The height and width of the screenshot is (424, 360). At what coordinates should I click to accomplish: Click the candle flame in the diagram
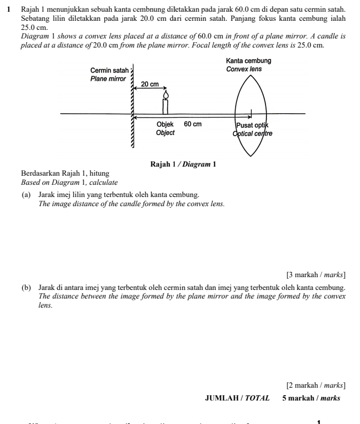[166, 95]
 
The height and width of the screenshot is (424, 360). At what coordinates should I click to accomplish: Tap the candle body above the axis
[166, 106]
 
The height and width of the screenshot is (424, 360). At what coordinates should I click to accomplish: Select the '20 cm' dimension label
[150, 84]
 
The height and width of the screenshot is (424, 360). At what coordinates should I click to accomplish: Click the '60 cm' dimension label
[193, 124]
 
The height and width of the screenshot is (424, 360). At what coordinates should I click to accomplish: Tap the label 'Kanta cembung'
[248, 61]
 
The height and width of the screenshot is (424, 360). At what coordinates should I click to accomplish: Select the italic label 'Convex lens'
[244, 69]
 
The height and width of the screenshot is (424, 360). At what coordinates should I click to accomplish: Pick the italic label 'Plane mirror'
[108, 78]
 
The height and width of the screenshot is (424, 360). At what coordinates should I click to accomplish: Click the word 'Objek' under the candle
[165, 124]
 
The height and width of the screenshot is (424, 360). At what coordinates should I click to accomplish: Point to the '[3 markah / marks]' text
[316, 275]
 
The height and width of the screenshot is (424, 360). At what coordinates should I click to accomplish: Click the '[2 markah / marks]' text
[316, 384]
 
